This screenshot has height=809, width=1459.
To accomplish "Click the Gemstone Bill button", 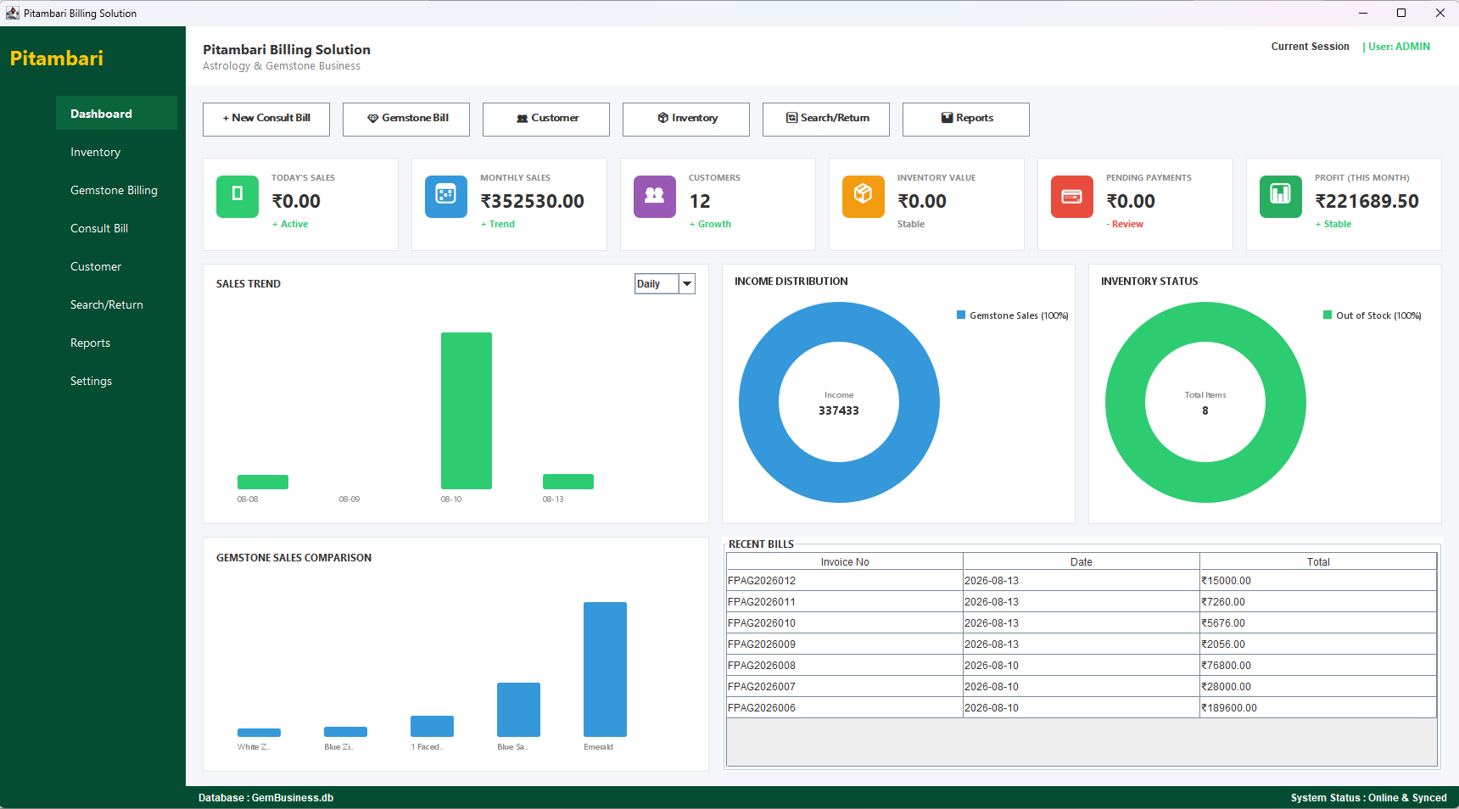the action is [x=406, y=119].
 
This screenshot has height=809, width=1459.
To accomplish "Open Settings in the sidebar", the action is [x=91, y=382].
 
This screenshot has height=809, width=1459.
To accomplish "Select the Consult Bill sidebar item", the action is [x=99, y=229].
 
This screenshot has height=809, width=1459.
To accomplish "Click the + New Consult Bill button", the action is [x=266, y=119].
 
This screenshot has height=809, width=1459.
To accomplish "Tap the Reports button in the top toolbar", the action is [x=966, y=119].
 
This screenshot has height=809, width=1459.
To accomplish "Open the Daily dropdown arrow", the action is [x=687, y=284].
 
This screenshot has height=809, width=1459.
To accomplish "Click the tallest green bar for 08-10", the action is [x=467, y=410].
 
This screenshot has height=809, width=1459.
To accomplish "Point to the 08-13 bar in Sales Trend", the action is [x=568, y=482].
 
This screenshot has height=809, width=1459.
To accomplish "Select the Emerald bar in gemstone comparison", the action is [x=605, y=669].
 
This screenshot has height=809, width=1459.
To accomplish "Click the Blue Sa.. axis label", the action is [x=512, y=747].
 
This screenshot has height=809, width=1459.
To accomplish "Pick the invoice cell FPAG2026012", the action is [x=762, y=581].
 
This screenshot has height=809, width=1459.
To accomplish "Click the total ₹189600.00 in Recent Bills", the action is [x=1229, y=708].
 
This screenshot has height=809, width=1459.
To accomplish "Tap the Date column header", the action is [x=1082, y=562].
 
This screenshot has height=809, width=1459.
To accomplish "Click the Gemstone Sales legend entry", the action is [x=1013, y=315].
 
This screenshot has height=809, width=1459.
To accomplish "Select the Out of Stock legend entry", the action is [x=1372, y=315].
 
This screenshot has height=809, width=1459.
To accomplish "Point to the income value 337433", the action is [x=839, y=410].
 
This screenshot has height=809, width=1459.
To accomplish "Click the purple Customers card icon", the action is [x=655, y=197].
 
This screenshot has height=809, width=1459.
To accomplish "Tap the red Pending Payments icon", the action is [x=1072, y=197].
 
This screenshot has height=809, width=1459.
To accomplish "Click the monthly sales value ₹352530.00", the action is [x=533, y=202].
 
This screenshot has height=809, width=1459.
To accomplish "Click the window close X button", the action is [x=1440, y=13].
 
